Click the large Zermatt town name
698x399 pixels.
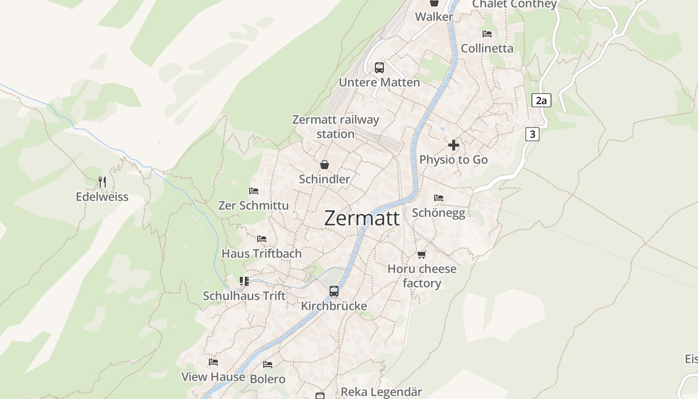pyautogui.click(x=361, y=218)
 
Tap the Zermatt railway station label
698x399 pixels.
pyautogui.click(x=336, y=127)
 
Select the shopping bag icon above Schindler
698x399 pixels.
pyautogui.click(x=325, y=165)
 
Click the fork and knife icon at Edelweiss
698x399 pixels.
pyautogui.click(x=102, y=182)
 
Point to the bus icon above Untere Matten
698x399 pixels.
pyautogui.click(x=379, y=68)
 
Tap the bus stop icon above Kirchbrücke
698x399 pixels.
pyautogui.click(x=334, y=291)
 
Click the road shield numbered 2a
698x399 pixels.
pyautogui.click(x=541, y=101)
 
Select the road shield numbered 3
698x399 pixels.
pyautogui.click(x=532, y=134)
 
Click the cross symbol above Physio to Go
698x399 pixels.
pyautogui.click(x=454, y=145)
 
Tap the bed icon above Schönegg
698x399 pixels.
pyautogui.click(x=439, y=198)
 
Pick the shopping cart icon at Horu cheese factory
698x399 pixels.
pyautogui.click(x=422, y=255)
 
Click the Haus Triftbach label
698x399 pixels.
pyautogui.click(x=262, y=253)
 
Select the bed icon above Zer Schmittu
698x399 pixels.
pyautogui.click(x=254, y=191)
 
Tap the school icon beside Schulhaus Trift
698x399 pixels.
pyautogui.click(x=244, y=281)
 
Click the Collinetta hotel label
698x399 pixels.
pyautogui.click(x=487, y=48)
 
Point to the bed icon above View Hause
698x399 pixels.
pyautogui.click(x=213, y=362)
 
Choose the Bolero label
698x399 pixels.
pyautogui.click(x=268, y=379)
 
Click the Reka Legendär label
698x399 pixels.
pyautogui.click(x=381, y=392)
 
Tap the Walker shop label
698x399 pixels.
pyautogui.click(x=434, y=16)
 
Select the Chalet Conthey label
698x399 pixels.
pyautogui.click(x=514, y=4)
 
